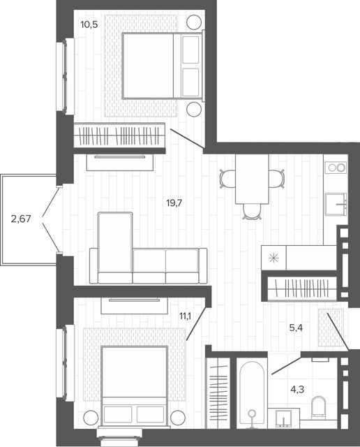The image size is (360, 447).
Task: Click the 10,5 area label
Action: [x=89, y=25]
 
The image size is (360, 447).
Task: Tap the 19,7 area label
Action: [x=174, y=203]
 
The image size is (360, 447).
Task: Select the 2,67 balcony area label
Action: [x=20, y=219]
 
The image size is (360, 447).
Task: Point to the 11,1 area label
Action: [x=185, y=316]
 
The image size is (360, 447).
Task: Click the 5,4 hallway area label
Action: [x=296, y=328]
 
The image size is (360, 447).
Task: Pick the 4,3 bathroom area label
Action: [x=297, y=389]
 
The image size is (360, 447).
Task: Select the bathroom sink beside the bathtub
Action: [x=284, y=418]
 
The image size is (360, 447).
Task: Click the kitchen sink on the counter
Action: [x=336, y=205]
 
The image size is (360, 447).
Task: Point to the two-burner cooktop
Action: [x=336, y=168]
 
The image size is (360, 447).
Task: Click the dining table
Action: [x=252, y=179]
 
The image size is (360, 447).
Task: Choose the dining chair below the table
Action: [x=252, y=212]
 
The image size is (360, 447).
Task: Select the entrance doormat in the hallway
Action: [x=331, y=328]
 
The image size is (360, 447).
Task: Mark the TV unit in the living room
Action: [x=120, y=162]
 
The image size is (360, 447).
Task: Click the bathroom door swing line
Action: [x=286, y=363]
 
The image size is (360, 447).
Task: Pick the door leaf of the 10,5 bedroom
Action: [x=187, y=138]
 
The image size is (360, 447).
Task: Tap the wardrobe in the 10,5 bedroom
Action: [x=119, y=135]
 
